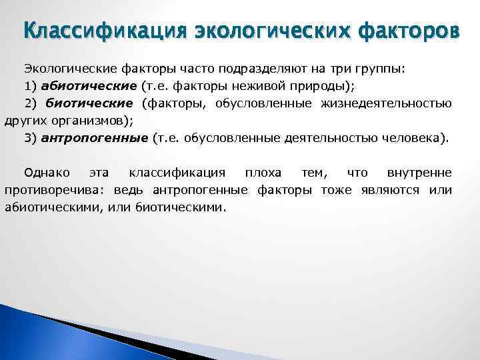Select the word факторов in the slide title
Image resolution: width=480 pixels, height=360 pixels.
399,31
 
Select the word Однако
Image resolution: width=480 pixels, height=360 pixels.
43,173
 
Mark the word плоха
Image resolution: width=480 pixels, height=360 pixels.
263,173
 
